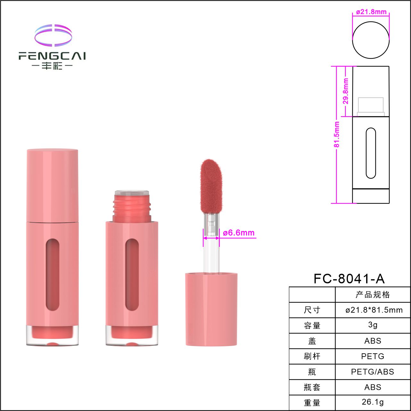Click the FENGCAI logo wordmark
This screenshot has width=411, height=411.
[52, 56]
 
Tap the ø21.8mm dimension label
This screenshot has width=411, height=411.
[371, 12]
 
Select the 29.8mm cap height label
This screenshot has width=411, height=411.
[346, 91]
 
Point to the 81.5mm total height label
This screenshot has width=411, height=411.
[336, 134]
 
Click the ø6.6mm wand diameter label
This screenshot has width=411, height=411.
[239, 233]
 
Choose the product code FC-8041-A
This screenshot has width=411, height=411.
[349, 279]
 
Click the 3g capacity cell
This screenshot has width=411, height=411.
[373, 325]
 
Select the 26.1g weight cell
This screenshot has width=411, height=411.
[373, 402]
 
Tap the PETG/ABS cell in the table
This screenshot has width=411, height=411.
[373, 372]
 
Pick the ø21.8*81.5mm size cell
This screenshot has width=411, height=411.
[374, 310]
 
